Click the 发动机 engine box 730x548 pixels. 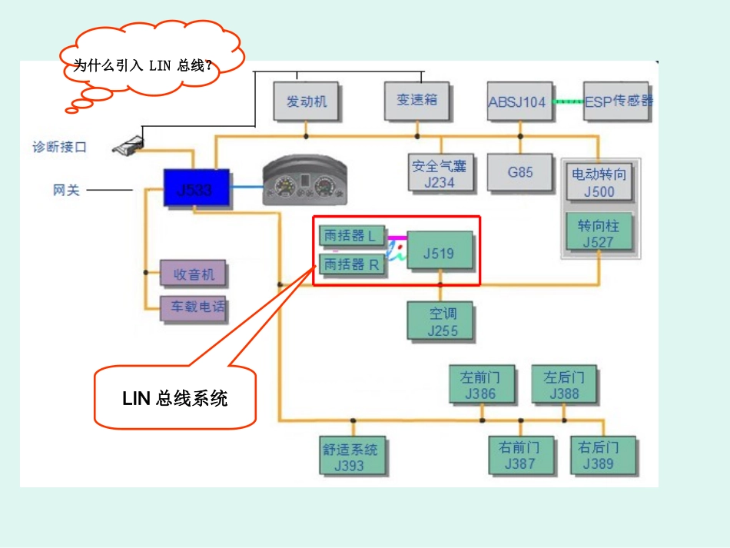pyautogui.click(x=306, y=101)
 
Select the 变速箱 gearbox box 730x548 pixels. pyautogui.click(x=416, y=100)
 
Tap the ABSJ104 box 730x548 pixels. pyautogui.click(x=519, y=101)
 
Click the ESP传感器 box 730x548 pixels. pyautogui.click(x=617, y=101)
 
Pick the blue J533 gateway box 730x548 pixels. pyautogui.click(x=196, y=188)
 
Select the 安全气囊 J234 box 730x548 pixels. pyautogui.click(x=440, y=173)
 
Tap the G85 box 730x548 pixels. pyautogui.click(x=520, y=173)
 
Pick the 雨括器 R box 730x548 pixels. pyautogui.click(x=352, y=264)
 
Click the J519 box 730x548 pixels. pyautogui.click(x=440, y=253)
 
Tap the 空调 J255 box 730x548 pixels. pyautogui.click(x=441, y=321)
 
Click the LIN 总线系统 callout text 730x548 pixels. pyautogui.click(x=175, y=398)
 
